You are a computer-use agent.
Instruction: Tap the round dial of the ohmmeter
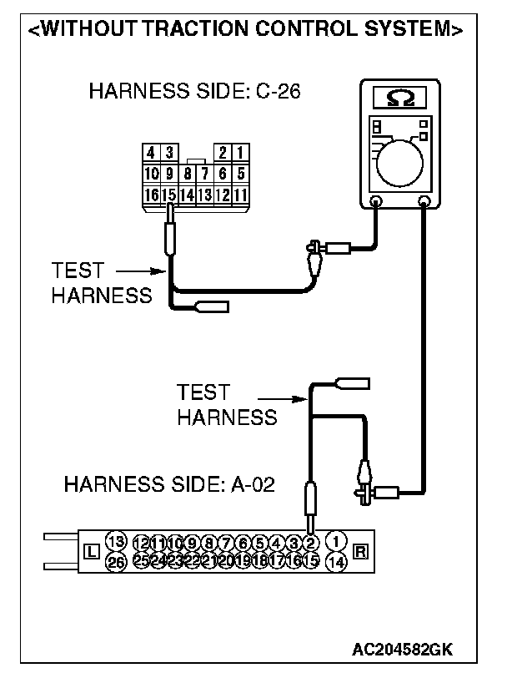click(401, 162)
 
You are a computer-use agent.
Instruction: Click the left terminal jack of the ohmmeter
click(375, 201)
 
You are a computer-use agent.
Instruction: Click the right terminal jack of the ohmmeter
click(424, 201)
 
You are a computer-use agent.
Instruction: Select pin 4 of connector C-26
click(151, 153)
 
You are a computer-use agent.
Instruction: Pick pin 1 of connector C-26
click(239, 153)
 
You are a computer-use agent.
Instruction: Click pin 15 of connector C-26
click(168, 195)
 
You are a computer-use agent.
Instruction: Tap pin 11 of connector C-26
click(239, 195)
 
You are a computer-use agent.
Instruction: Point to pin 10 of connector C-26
click(151, 174)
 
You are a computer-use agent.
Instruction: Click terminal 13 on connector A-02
click(116, 540)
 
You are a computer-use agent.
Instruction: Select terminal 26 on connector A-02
click(116, 562)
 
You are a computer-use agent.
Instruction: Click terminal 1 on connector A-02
click(337, 540)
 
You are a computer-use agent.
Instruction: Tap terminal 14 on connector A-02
click(337, 562)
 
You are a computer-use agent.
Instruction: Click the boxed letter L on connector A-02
click(92, 551)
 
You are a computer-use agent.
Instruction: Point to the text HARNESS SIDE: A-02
click(169, 484)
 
